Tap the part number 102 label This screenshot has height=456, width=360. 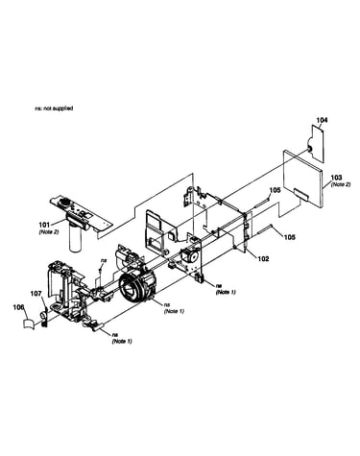pyautogui.click(x=263, y=259)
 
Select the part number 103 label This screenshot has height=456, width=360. pyautogui.click(x=336, y=178)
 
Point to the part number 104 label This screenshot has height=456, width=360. pyautogui.click(x=322, y=120)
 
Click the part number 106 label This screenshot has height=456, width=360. pyautogui.click(x=18, y=307)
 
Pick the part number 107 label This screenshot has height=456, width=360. pyautogui.click(x=36, y=293)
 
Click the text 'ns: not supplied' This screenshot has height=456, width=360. pyautogui.click(x=54, y=108)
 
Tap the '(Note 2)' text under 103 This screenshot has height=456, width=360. pyautogui.click(x=341, y=184)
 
